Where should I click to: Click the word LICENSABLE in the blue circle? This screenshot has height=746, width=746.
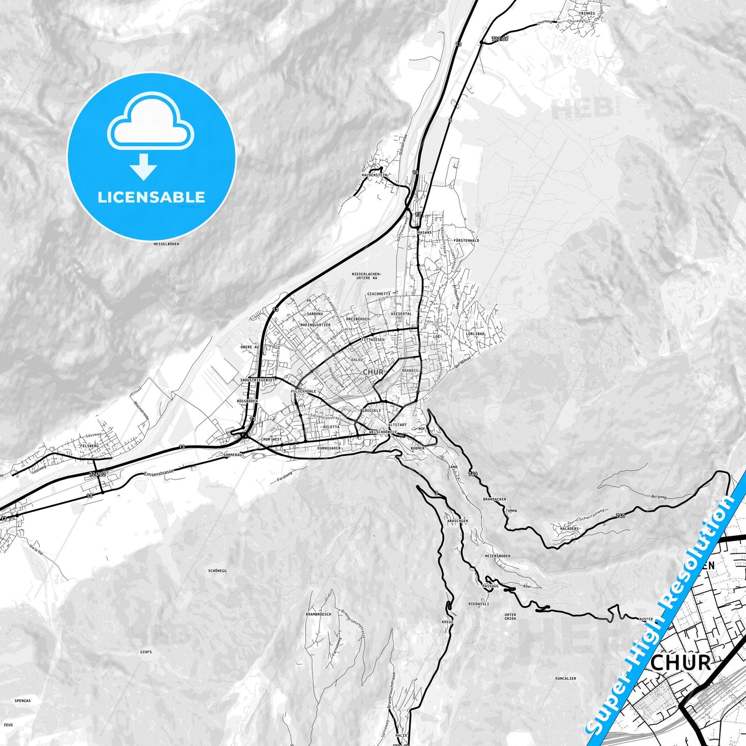pos(151,197)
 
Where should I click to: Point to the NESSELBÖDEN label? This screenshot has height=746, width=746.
pos(166,244)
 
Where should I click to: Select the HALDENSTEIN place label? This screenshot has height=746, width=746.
pos(374,175)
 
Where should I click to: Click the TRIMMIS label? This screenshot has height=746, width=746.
pos(586,13)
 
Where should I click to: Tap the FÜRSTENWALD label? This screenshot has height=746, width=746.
pos(466,241)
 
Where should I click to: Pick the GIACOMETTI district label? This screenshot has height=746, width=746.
pos(378,293)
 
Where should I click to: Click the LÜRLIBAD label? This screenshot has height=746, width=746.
pos(475,334)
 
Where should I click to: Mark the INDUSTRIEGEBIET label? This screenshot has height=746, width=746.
pos(258,380)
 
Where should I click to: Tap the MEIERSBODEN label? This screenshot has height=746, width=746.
pos(497,556)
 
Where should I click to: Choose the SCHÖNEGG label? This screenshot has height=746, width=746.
pos(217,570)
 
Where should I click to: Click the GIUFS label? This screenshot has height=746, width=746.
pos(146,652)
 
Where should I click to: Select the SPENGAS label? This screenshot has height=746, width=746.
pos(23,701)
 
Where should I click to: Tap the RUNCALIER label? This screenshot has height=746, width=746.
pos(565,678)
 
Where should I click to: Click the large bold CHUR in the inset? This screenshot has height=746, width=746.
pos(680,663)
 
